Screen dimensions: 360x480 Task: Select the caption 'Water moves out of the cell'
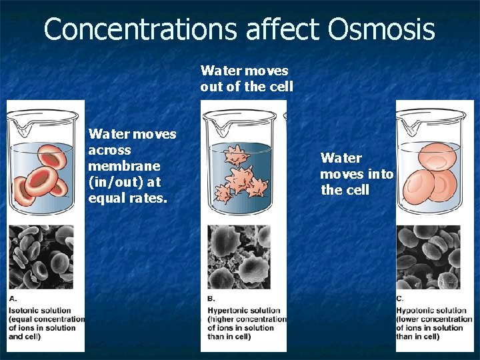[x=246, y=78]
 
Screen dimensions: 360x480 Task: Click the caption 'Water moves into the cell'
[x=357, y=174]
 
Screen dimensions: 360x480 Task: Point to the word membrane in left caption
[x=124, y=166]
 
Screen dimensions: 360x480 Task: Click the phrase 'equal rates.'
[x=127, y=198]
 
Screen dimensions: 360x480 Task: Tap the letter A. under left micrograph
[x=13, y=298]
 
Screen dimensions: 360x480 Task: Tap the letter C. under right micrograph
[x=399, y=298]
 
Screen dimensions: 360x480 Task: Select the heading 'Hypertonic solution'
[x=243, y=310]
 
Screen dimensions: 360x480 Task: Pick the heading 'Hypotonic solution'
[x=431, y=310]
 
